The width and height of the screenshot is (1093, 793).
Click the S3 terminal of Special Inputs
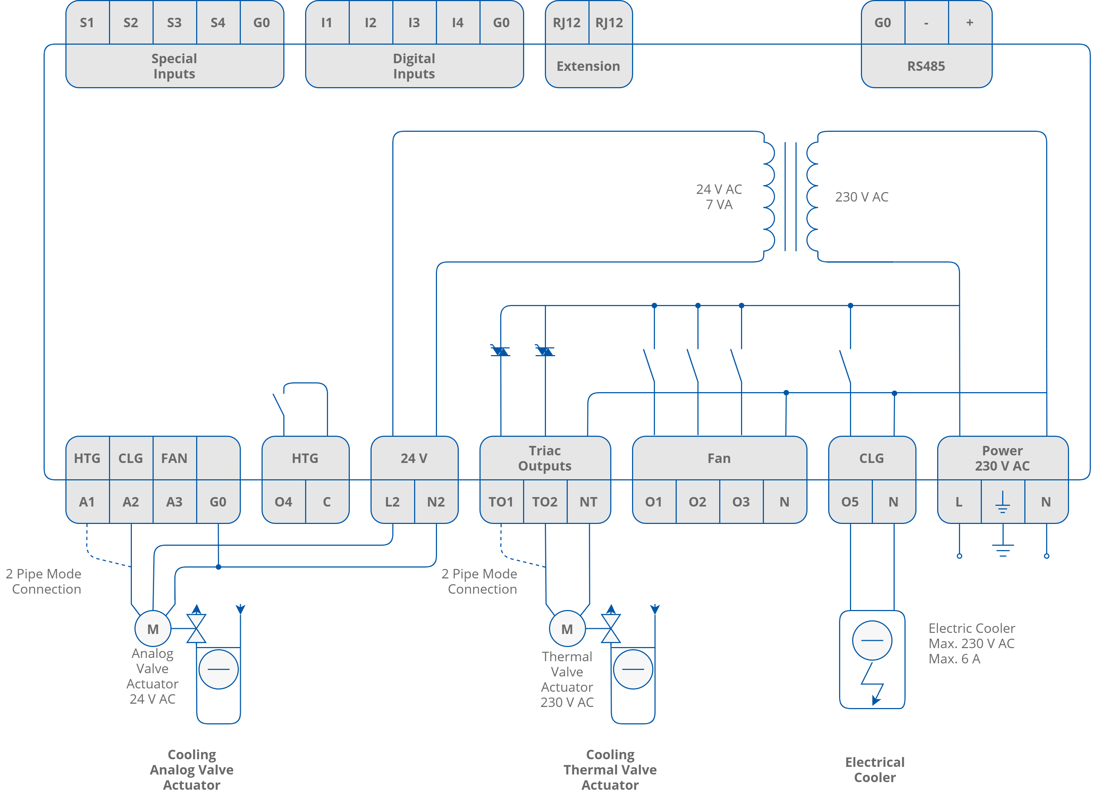(174, 23)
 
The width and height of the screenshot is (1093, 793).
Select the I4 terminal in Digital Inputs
(457, 23)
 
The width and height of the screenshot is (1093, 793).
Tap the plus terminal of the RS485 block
(969, 23)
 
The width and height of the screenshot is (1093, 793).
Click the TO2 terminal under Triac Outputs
(545, 502)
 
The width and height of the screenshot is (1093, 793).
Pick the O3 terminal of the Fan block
(741, 502)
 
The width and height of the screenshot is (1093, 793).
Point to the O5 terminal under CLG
(850, 502)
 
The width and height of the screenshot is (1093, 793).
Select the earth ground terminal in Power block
(1003, 502)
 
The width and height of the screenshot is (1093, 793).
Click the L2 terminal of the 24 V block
(392, 502)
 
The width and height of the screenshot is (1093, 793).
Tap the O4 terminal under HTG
(283, 502)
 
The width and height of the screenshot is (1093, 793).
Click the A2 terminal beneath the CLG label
(131, 502)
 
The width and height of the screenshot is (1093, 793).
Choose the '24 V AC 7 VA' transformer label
(718, 196)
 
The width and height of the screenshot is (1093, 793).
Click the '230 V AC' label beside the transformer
(861, 196)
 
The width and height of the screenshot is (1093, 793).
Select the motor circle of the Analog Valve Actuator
(153, 629)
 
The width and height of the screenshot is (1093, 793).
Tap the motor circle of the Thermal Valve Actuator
(567, 629)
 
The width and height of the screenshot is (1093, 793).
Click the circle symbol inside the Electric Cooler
(872, 640)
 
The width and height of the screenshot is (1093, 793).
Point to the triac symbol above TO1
(500, 351)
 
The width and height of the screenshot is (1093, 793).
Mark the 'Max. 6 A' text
(954, 659)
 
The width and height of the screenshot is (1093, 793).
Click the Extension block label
(588, 66)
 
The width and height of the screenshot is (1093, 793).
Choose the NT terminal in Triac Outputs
(588, 502)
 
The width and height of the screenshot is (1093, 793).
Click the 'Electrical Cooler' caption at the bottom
(875, 769)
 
